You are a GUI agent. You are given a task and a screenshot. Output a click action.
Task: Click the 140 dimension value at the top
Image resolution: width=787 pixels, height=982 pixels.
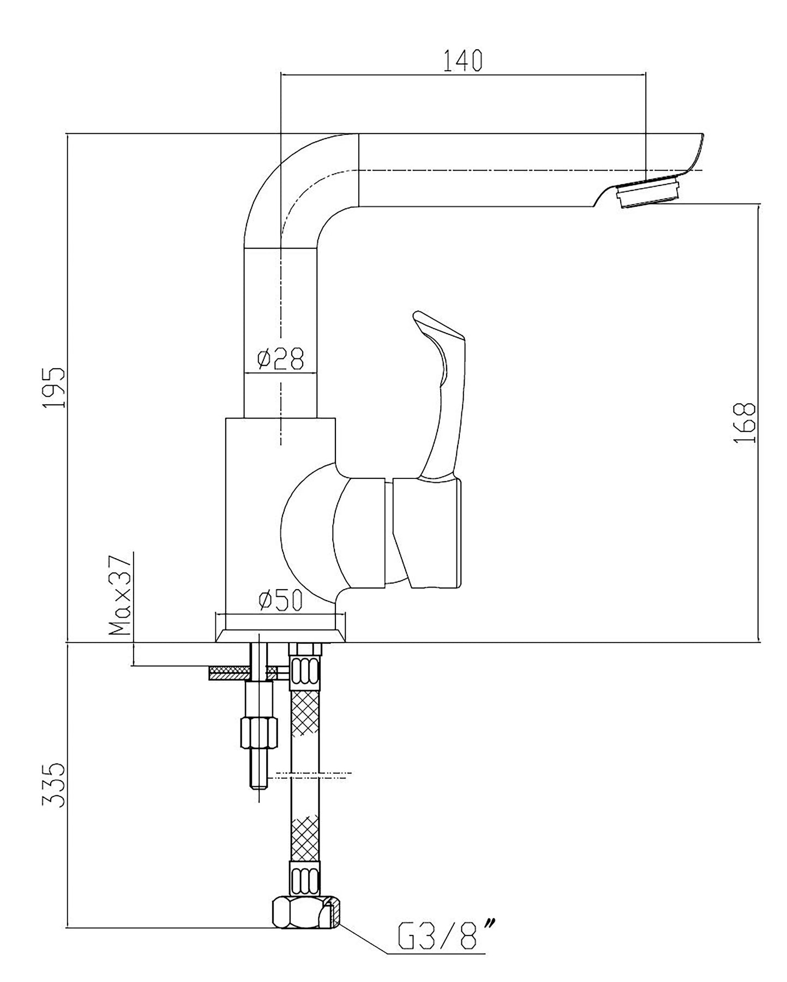[462, 61]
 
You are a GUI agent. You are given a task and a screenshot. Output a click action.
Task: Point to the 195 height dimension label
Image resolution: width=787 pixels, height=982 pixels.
[55, 388]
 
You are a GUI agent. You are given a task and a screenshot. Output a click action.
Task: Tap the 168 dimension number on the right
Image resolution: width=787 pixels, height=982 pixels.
[744, 423]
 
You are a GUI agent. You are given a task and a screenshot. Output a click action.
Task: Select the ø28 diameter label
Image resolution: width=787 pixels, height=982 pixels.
[280, 359]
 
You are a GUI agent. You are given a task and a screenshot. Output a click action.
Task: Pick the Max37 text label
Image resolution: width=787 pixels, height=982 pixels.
[120, 595]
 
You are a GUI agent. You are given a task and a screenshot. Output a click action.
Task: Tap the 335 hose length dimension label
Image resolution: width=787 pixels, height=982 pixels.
[55, 785]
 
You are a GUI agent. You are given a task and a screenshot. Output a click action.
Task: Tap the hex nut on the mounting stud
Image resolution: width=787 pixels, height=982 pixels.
[259, 733]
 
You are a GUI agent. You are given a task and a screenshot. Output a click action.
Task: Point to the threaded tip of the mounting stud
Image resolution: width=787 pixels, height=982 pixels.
[259, 770]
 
